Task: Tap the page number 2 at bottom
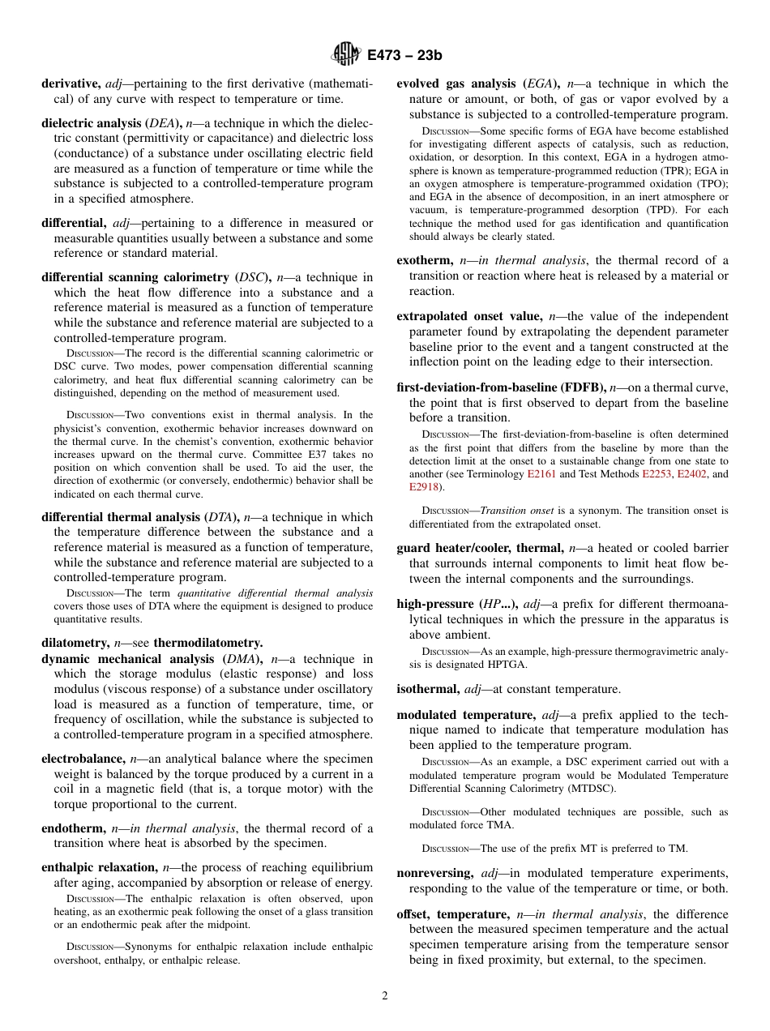tap(385, 996)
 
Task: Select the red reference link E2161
tap(541, 474)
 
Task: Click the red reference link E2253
tap(657, 474)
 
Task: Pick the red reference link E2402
tap(691, 474)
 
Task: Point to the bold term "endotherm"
tap(73, 828)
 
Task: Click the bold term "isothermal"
tap(428, 689)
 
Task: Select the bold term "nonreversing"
tap(434, 873)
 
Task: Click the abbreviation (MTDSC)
tap(588, 788)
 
